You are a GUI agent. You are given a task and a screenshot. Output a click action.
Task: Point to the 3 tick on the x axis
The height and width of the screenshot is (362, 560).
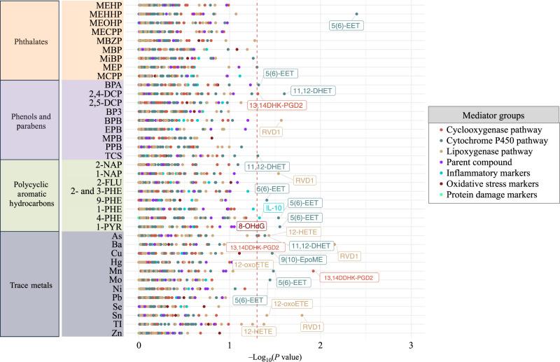(412, 345)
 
